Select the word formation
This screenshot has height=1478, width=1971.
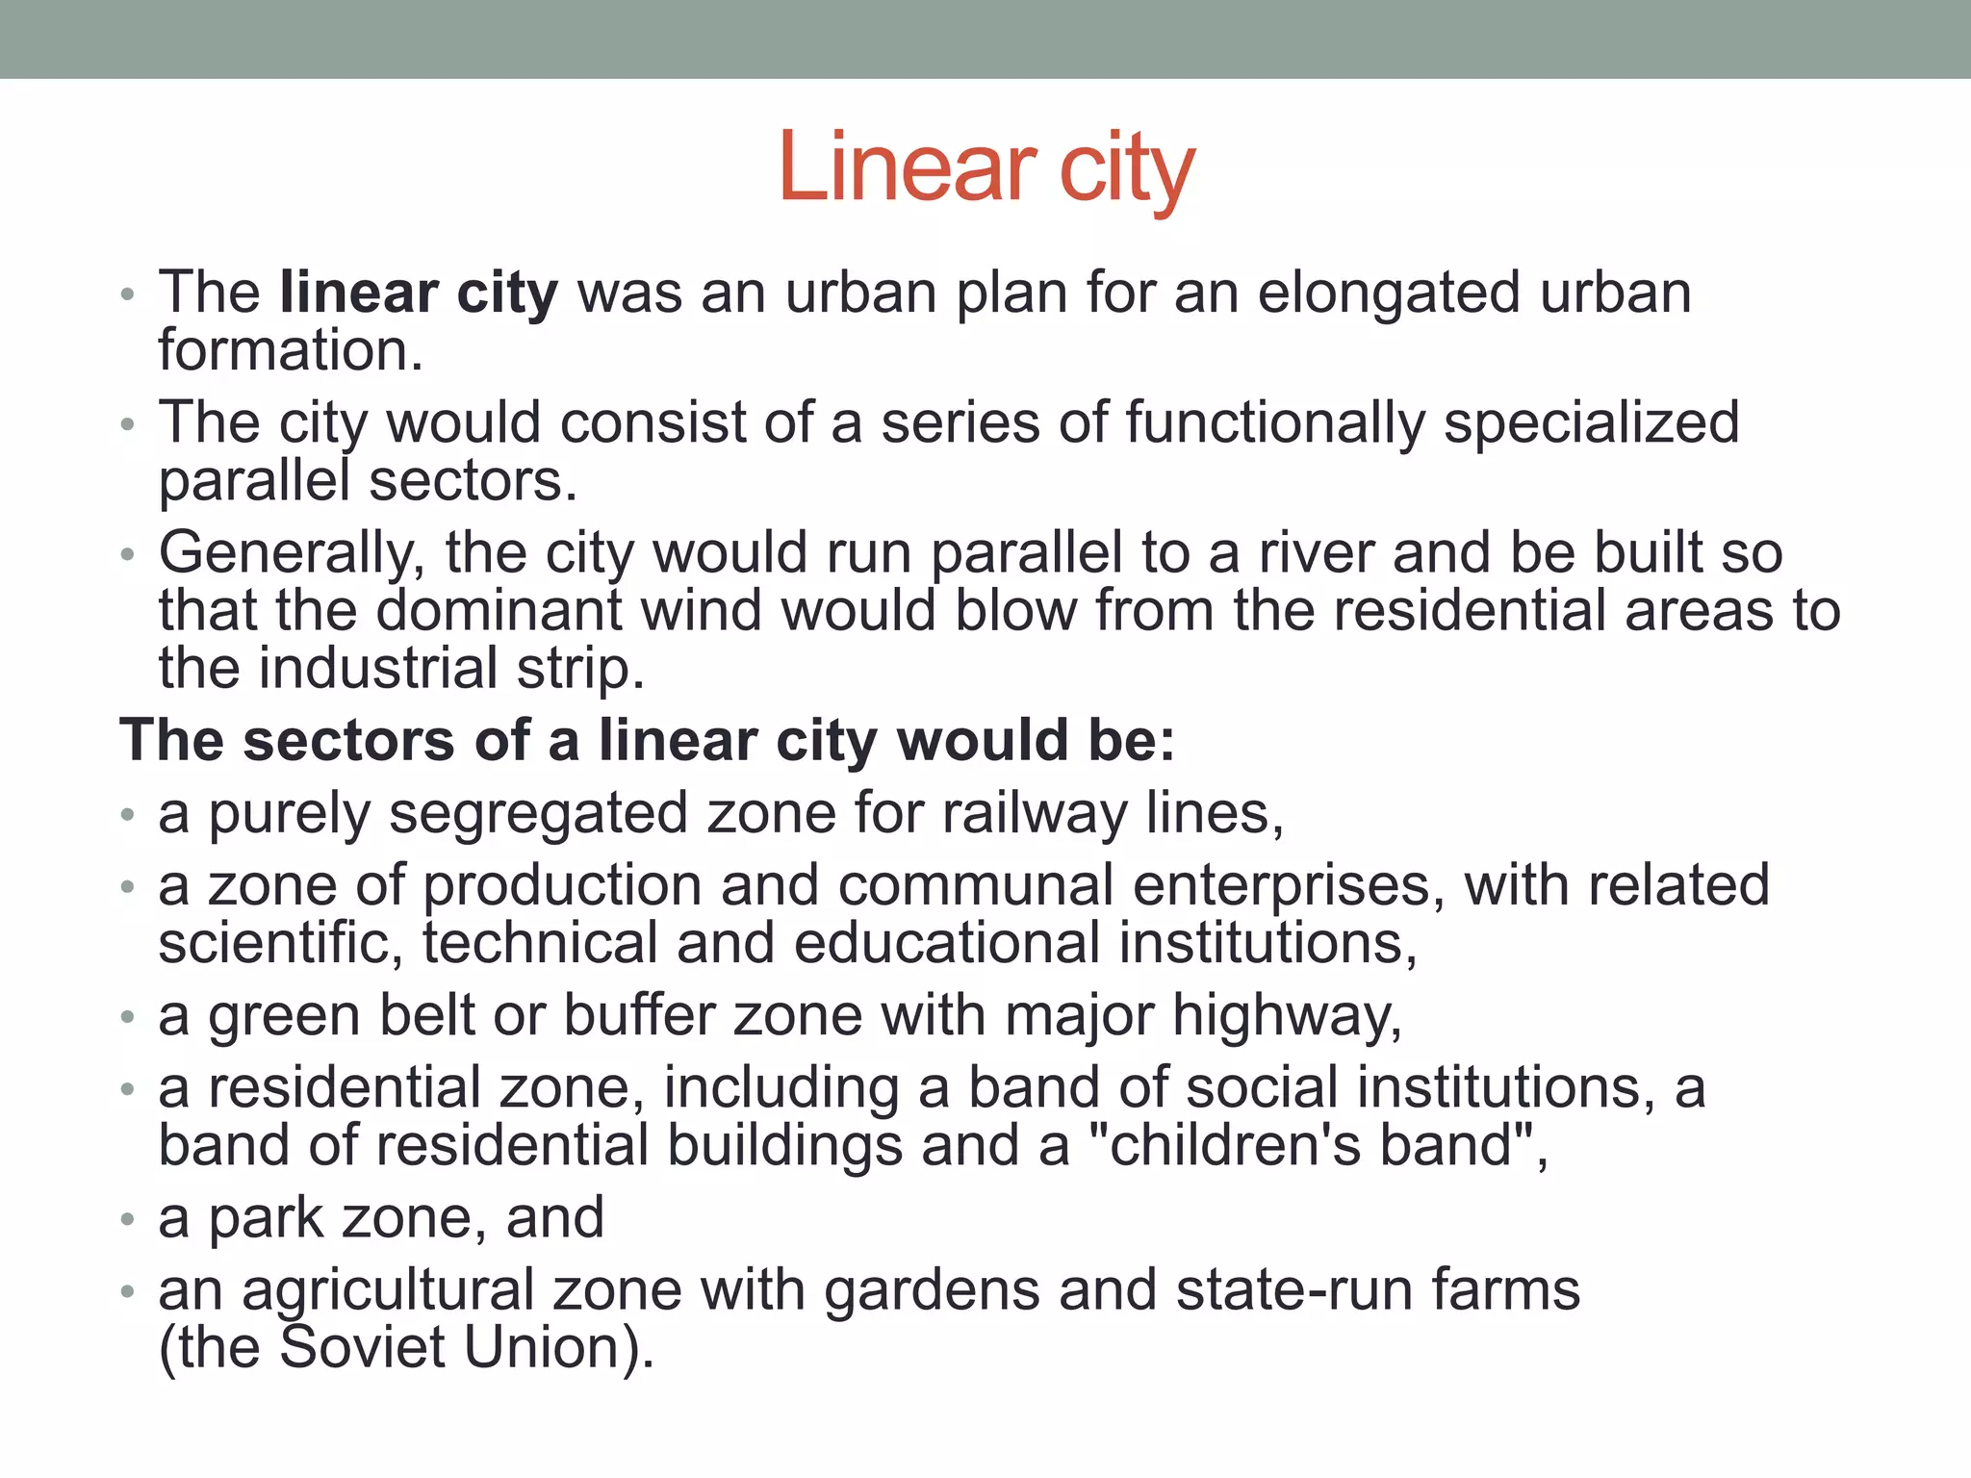291,350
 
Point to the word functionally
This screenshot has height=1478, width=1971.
1274,423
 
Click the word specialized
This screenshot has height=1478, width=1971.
1592,423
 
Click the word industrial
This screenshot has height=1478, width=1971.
378,669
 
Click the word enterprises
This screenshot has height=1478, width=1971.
1289,886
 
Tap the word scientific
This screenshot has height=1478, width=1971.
281,943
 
